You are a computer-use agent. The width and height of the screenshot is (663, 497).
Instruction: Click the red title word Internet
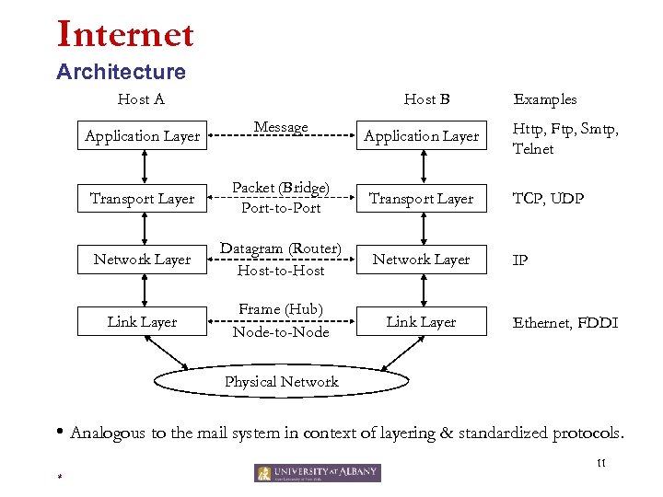click(x=125, y=34)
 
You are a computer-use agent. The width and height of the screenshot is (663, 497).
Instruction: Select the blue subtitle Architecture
click(x=121, y=72)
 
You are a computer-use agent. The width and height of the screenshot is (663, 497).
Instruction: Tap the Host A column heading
click(x=141, y=99)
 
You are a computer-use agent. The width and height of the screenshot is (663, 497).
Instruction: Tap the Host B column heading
click(x=426, y=99)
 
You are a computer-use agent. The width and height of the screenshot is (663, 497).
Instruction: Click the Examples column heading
click(x=545, y=99)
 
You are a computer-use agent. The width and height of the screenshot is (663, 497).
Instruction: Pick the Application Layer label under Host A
click(x=142, y=136)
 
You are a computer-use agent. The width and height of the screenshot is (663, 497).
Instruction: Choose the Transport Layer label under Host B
click(x=422, y=199)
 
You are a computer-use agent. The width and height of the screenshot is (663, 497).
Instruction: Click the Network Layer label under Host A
click(x=142, y=260)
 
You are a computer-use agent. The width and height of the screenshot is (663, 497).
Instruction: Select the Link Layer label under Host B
click(x=421, y=322)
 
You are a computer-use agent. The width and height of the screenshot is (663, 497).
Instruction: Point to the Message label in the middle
click(x=281, y=127)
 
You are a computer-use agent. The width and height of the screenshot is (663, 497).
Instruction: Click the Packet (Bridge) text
click(x=281, y=188)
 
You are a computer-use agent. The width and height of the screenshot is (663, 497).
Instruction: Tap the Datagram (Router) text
click(x=281, y=249)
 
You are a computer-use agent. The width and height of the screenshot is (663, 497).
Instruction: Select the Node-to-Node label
click(x=281, y=332)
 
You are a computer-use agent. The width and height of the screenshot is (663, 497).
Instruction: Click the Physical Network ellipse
click(x=282, y=382)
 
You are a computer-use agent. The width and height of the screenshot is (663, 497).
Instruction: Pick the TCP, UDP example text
click(x=548, y=199)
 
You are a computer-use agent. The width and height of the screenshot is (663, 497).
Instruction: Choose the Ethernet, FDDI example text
click(x=564, y=323)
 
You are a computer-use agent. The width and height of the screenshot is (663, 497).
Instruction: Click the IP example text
click(x=520, y=260)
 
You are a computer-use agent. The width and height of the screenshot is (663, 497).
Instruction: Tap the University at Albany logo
click(x=318, y=473)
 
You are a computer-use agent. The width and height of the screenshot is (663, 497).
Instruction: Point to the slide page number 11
click(x=600, y=463)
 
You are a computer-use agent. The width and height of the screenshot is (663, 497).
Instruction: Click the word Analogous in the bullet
click(x=109, y=433)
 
